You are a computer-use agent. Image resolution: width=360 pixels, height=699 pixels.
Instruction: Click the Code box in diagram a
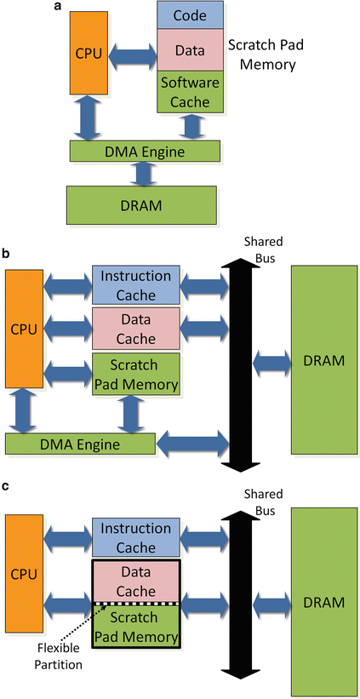(x=191, y=15)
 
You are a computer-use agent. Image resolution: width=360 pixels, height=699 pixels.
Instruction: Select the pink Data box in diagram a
(x=191, y=50)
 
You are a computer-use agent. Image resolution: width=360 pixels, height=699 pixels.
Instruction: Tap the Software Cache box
(x=191, y=91)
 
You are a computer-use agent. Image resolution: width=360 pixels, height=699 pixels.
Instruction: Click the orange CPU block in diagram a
(x=89, y=53)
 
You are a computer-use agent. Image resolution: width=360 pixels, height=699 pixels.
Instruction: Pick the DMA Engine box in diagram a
(x=146, y=152)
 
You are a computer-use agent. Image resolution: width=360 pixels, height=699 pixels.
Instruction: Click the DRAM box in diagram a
(x=141, y=205)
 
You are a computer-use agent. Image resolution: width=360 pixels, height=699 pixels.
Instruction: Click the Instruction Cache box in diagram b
(x=136, y=285)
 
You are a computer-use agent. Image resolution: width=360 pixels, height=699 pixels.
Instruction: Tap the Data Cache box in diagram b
(x=136, y=329)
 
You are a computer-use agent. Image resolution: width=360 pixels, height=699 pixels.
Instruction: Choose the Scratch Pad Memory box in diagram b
(x=136, y=374)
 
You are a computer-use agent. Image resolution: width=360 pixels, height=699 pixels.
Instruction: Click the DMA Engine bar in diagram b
(x=80, y=444)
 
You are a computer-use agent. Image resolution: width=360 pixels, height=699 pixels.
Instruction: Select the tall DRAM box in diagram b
(x=324, y=360)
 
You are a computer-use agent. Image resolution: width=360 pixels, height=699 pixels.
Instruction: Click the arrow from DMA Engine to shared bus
(x=191, y=444)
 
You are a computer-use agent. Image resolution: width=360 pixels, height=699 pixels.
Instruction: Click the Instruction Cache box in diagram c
(x=136, y=537)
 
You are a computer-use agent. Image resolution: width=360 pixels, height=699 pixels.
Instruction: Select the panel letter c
(x=5, y=485)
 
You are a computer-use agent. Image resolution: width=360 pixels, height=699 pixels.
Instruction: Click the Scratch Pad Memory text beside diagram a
(x=262, y=54)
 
